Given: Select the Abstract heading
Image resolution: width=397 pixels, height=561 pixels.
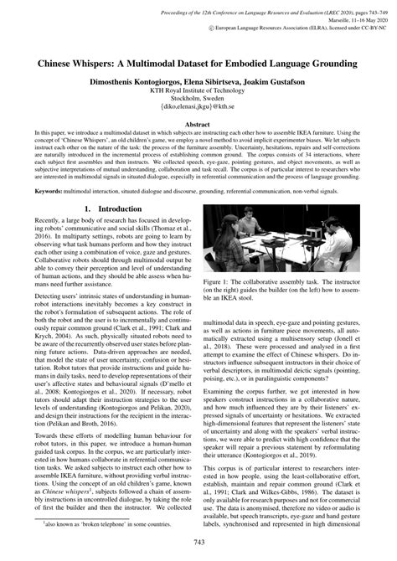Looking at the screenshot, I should (198, 123).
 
